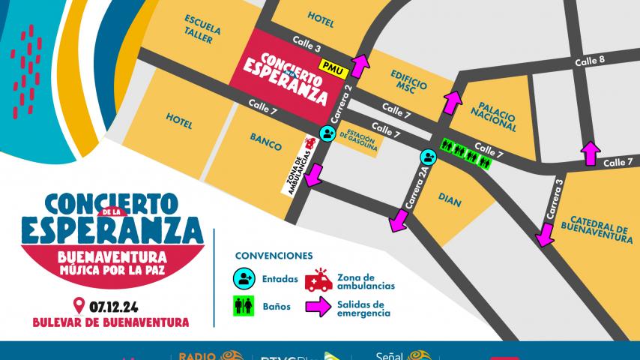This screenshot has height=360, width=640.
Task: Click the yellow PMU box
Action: [330, 65]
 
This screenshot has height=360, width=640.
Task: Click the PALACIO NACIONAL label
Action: [493, 112]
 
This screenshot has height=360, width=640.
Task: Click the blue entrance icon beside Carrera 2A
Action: [428, 157]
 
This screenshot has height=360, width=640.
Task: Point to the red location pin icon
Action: [78, 306]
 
